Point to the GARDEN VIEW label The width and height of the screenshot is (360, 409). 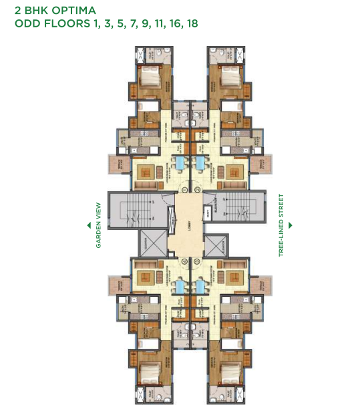(98, 225)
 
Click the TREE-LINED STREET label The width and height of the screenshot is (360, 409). (282, 225)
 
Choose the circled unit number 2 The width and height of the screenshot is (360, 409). (200, 188)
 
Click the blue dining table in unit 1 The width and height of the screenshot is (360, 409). (178, 162)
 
